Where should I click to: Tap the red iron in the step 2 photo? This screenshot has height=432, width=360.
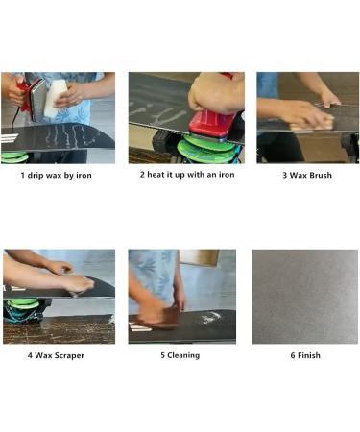[210, 123]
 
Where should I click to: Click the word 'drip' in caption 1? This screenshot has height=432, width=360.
[37, 176]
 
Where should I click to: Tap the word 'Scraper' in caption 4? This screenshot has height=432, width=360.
[67, 355]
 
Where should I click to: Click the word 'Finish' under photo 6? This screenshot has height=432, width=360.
[308, 355]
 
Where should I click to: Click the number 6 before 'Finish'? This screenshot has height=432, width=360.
[290, 355]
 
